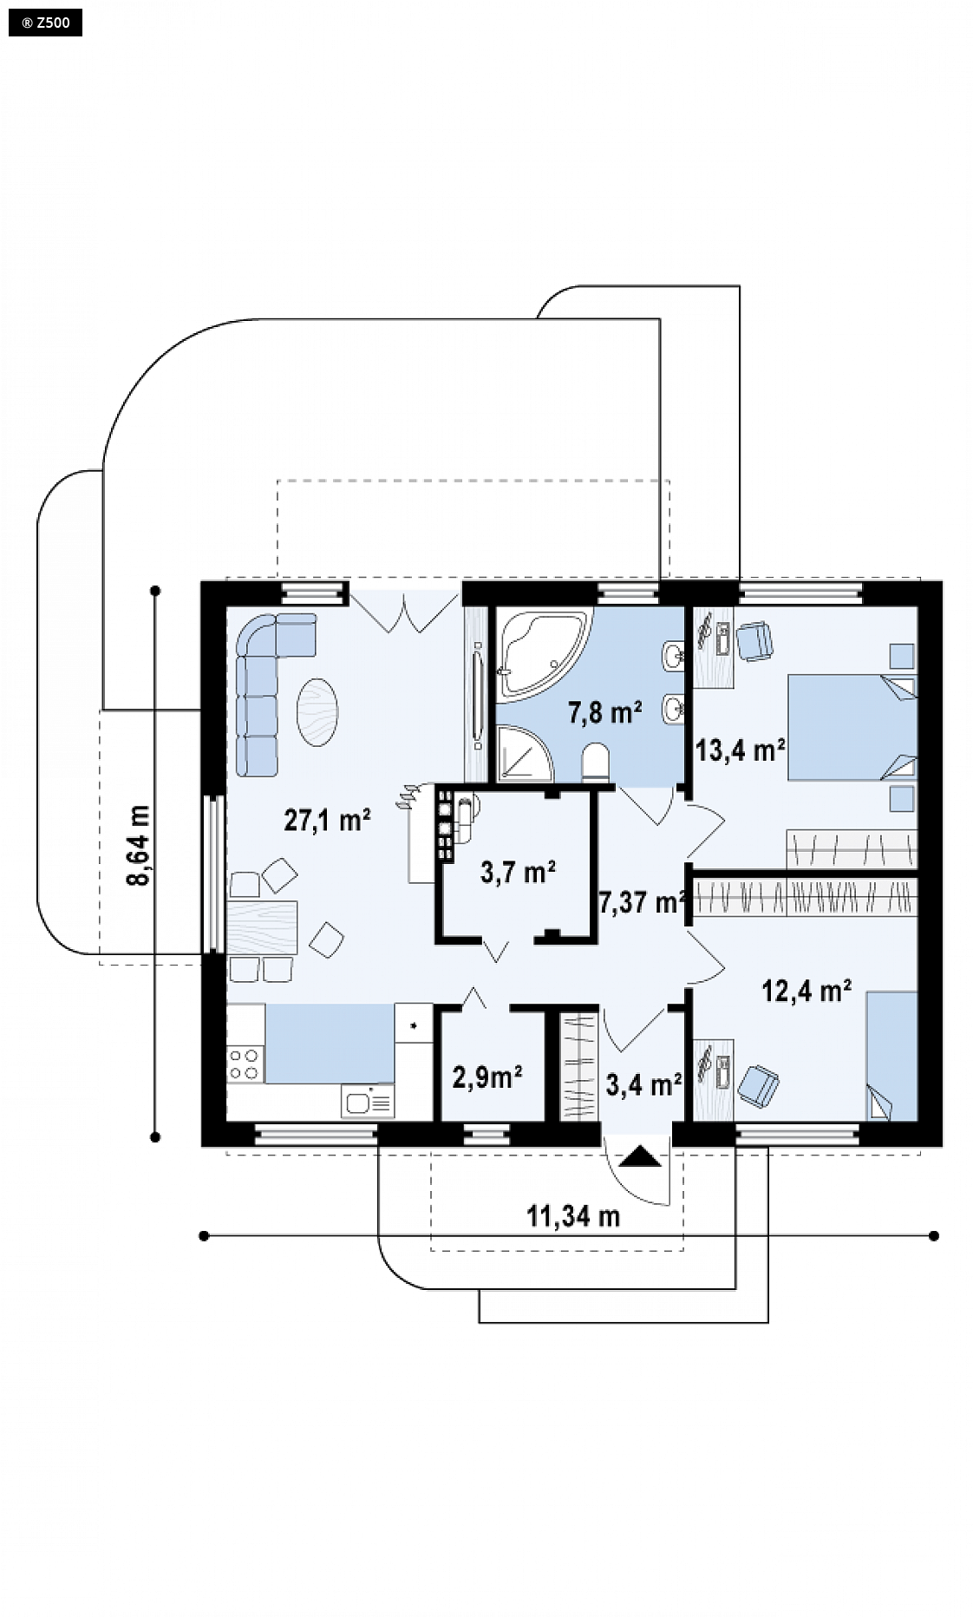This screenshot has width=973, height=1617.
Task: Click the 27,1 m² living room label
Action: pos(328,820)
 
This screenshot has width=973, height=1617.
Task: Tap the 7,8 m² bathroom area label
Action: pos(604,713)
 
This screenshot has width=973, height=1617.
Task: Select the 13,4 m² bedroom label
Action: pos(740,750)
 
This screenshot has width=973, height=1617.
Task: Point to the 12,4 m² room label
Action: pos(806,990)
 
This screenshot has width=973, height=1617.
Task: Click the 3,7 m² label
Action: pos(518,871)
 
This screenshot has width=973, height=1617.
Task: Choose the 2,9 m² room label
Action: pos(487,1077)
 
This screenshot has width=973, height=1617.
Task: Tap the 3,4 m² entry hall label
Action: pos(643,1083)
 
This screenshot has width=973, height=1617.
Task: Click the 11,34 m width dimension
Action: pos(573,1216)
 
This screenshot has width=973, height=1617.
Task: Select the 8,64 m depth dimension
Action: pos(139,846)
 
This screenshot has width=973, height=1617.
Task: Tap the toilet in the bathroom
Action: pos(598,761)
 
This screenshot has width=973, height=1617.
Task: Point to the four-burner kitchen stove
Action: pos(245,1064)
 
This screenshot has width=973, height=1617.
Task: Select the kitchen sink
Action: pos(369,1102)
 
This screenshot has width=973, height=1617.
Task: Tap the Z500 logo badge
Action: pos(42,23)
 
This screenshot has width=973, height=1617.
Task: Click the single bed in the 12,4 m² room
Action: pos(891,1057)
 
